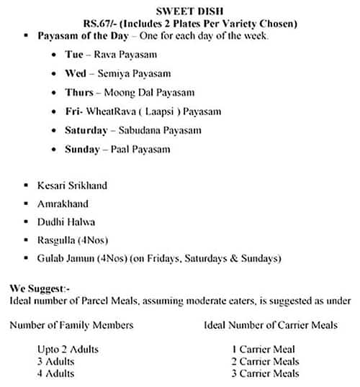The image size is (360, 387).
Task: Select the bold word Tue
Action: (74, 54)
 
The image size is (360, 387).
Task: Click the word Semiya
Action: (114, 73)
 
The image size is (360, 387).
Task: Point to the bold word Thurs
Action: (78, 92)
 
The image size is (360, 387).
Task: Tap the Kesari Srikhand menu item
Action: (72, 185)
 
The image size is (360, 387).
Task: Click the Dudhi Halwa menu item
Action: (66, 222)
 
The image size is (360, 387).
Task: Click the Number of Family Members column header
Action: (71, 325)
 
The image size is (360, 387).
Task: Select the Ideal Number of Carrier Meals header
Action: (271, 325)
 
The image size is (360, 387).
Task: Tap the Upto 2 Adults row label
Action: (68, 350)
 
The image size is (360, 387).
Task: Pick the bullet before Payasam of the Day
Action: (27, 35)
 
